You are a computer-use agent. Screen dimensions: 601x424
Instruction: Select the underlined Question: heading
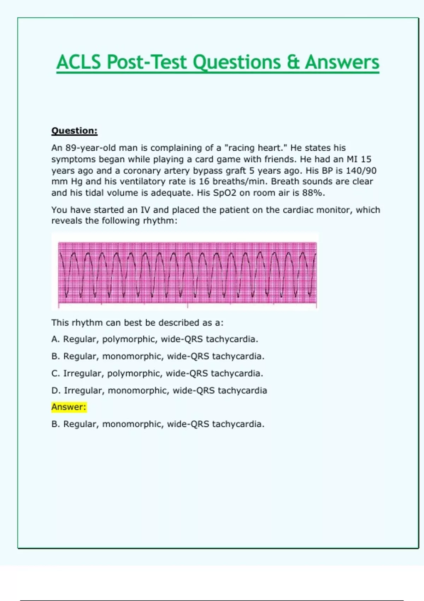(x=74, y=131)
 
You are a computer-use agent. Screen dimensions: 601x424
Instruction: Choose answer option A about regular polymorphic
(x=155, y=339)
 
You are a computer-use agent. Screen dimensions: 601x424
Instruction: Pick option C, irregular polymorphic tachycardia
(x=157, y=373)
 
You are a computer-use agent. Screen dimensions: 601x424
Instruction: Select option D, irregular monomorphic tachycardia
(x=159, y=390)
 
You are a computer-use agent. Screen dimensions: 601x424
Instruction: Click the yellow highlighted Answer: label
(x=69, y=407)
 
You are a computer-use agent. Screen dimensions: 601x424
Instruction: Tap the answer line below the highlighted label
(x=158, y=424)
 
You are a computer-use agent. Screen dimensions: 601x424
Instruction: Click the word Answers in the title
(x=342, y=62)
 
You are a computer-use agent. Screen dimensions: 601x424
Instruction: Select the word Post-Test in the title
(x=146, y=62)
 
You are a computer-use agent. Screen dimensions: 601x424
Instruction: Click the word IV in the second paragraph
(x=145, y=210)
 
